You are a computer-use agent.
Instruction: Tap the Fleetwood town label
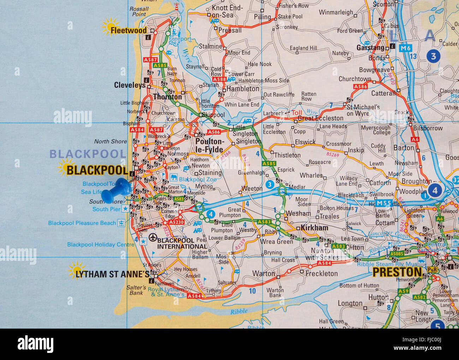[129, 30]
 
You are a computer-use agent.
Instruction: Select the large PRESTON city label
[397, 272]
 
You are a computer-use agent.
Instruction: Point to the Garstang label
[370, 47]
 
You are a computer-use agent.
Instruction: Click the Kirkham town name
[314, 228]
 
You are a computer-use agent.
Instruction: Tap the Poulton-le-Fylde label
[209, 145]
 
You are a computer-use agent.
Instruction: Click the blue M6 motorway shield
[406, 48]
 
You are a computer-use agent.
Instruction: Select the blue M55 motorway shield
[384, 203]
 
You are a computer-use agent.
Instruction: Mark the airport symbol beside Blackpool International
[153, 238]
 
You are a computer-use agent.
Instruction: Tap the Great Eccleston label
[321, 118]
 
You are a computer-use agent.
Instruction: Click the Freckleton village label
[322, 274]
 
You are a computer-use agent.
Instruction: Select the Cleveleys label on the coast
[130, 85]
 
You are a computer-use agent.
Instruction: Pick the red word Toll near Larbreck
[297, 113]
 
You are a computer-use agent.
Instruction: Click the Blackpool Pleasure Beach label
[82, 223]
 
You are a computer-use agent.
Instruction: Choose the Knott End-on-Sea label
[222, 11]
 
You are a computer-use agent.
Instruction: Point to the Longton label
[350, 304]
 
